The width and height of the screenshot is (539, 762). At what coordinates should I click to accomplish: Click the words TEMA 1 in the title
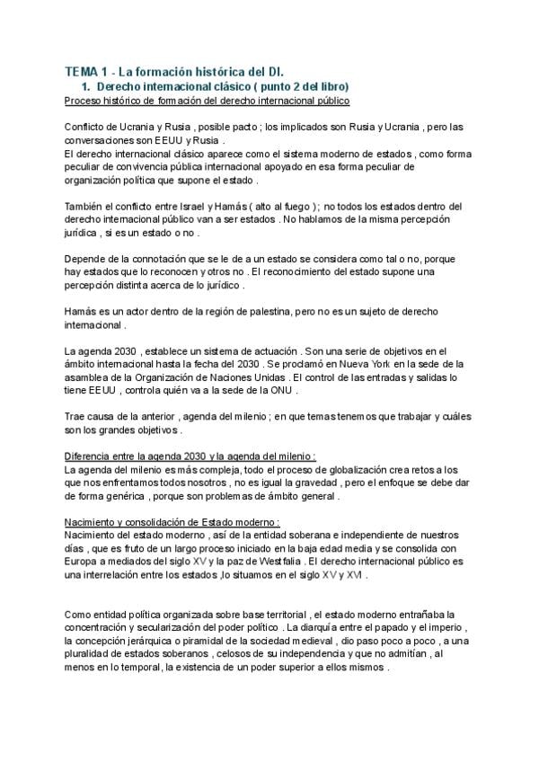[87, 70]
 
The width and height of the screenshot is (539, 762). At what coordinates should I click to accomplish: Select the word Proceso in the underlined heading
[84, 102]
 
